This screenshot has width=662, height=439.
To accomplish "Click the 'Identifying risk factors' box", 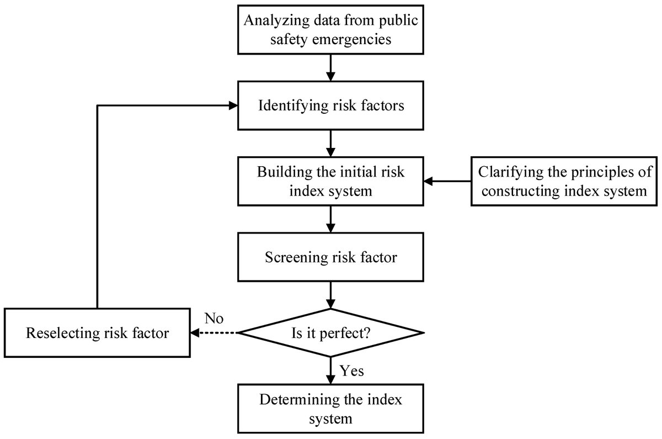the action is pos(330,105).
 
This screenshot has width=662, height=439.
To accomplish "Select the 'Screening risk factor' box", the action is pos(330,257).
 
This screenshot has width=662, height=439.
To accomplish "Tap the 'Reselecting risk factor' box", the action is pos(97,333).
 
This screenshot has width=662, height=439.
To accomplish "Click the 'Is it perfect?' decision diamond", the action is pos(330,333).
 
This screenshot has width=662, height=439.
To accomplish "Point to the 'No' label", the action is pos(213,319).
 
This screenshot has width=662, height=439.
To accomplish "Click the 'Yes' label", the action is pos(351,371).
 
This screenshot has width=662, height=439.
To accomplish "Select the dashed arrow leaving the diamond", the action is pos(214,333).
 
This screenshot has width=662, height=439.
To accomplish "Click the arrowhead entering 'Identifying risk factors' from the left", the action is pos(233,105).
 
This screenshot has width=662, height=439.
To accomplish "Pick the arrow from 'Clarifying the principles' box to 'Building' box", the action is pos(447,181).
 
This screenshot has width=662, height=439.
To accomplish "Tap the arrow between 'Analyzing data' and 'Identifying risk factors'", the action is pos(330,67).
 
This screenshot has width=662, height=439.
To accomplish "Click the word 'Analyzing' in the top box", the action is pos(276,21).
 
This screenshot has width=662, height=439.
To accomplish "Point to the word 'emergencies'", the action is pos(352,39).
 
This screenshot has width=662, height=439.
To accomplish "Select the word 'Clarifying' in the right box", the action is pos(511,172).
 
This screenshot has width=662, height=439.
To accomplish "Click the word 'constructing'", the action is pos(521,191).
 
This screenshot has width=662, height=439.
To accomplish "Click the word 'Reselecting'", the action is pos(63,333).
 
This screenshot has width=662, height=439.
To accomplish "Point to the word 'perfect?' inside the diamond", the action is pos(345,334).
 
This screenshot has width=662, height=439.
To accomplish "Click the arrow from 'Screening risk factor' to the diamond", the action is pos(330,295).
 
